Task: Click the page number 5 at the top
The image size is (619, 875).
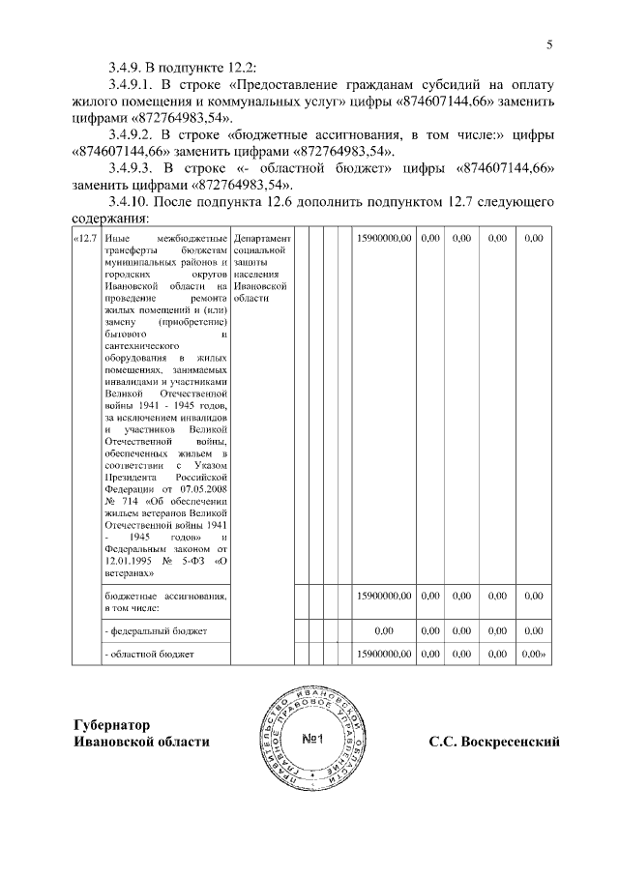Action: pos(548,44)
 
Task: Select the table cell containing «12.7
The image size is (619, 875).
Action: pos(86,237)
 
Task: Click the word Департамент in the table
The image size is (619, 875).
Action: pos(261,237)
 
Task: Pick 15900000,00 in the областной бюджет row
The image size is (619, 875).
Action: pos(384,655)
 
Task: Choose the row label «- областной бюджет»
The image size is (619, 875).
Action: pos(149,655)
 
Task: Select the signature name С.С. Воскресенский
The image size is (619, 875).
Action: pos(495,742)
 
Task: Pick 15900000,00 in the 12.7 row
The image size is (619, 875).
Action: pos(384,237)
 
